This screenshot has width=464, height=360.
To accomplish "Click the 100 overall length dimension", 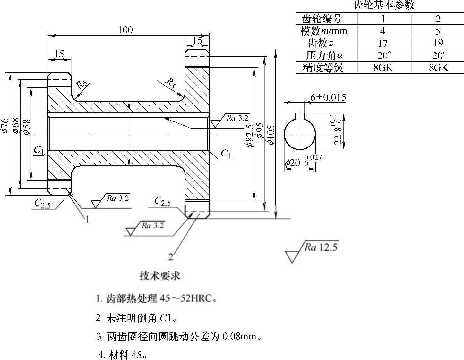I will click(125, 30).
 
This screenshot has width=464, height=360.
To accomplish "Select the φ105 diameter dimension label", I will click(271, 135).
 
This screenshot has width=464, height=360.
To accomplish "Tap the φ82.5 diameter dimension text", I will click(250, 135).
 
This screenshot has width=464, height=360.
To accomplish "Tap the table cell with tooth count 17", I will click(383, 43).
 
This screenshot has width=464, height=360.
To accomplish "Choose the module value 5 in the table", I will click(438, 31).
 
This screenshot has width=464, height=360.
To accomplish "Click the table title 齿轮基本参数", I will click(384, 5).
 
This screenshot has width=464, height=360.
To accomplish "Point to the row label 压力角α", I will click(324, 55).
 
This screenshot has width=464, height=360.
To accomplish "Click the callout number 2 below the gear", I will click(171, 257).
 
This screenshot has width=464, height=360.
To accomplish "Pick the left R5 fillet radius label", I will click(82, 84).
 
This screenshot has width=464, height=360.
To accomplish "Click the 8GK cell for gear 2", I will click(438, 68).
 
